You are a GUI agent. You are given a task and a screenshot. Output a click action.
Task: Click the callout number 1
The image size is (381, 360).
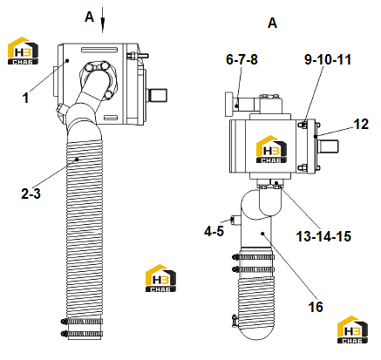[x=25, y=98]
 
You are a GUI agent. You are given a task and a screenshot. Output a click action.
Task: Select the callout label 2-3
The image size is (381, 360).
[x=31, y=194]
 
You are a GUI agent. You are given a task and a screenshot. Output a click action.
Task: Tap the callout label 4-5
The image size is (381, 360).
[x=214, y=231]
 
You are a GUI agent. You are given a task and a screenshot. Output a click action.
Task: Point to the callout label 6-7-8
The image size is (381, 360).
[x=242, y=59]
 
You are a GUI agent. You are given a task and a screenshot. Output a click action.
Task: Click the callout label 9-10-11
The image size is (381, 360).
[x=328, y=59]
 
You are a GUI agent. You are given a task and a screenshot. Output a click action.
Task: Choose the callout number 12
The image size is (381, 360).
[x=361, y=124]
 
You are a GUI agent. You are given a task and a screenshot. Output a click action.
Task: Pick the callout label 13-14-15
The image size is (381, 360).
[x=323, y=236]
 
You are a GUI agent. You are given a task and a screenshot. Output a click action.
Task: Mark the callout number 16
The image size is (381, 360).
[x=316, y=307]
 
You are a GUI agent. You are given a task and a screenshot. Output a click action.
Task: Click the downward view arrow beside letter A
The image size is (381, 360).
[x=103, y=20]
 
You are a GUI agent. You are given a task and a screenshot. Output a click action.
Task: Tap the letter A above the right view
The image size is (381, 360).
[x=272, y=23]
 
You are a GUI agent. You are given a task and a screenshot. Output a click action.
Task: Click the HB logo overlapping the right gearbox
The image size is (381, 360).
[x=271, y=149]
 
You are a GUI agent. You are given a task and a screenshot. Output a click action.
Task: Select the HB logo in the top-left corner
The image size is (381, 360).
[x=23, y=51]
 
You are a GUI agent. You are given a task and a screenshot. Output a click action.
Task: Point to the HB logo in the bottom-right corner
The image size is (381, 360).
[x=352, y=329]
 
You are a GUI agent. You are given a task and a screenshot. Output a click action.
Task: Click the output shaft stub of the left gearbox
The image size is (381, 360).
[x=158, y=95]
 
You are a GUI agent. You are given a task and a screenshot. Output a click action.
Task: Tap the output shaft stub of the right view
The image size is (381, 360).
[x=328, y=146]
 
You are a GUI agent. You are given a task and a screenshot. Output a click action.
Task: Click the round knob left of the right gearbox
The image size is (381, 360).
[x=229, y=104]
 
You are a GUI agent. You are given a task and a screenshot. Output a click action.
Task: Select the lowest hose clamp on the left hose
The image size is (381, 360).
[x=82, y=334]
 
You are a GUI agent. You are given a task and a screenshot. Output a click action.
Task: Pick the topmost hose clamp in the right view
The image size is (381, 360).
[x=254, y=257]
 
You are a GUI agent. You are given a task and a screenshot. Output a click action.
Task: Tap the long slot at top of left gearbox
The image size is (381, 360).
[x=99, y=50]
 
